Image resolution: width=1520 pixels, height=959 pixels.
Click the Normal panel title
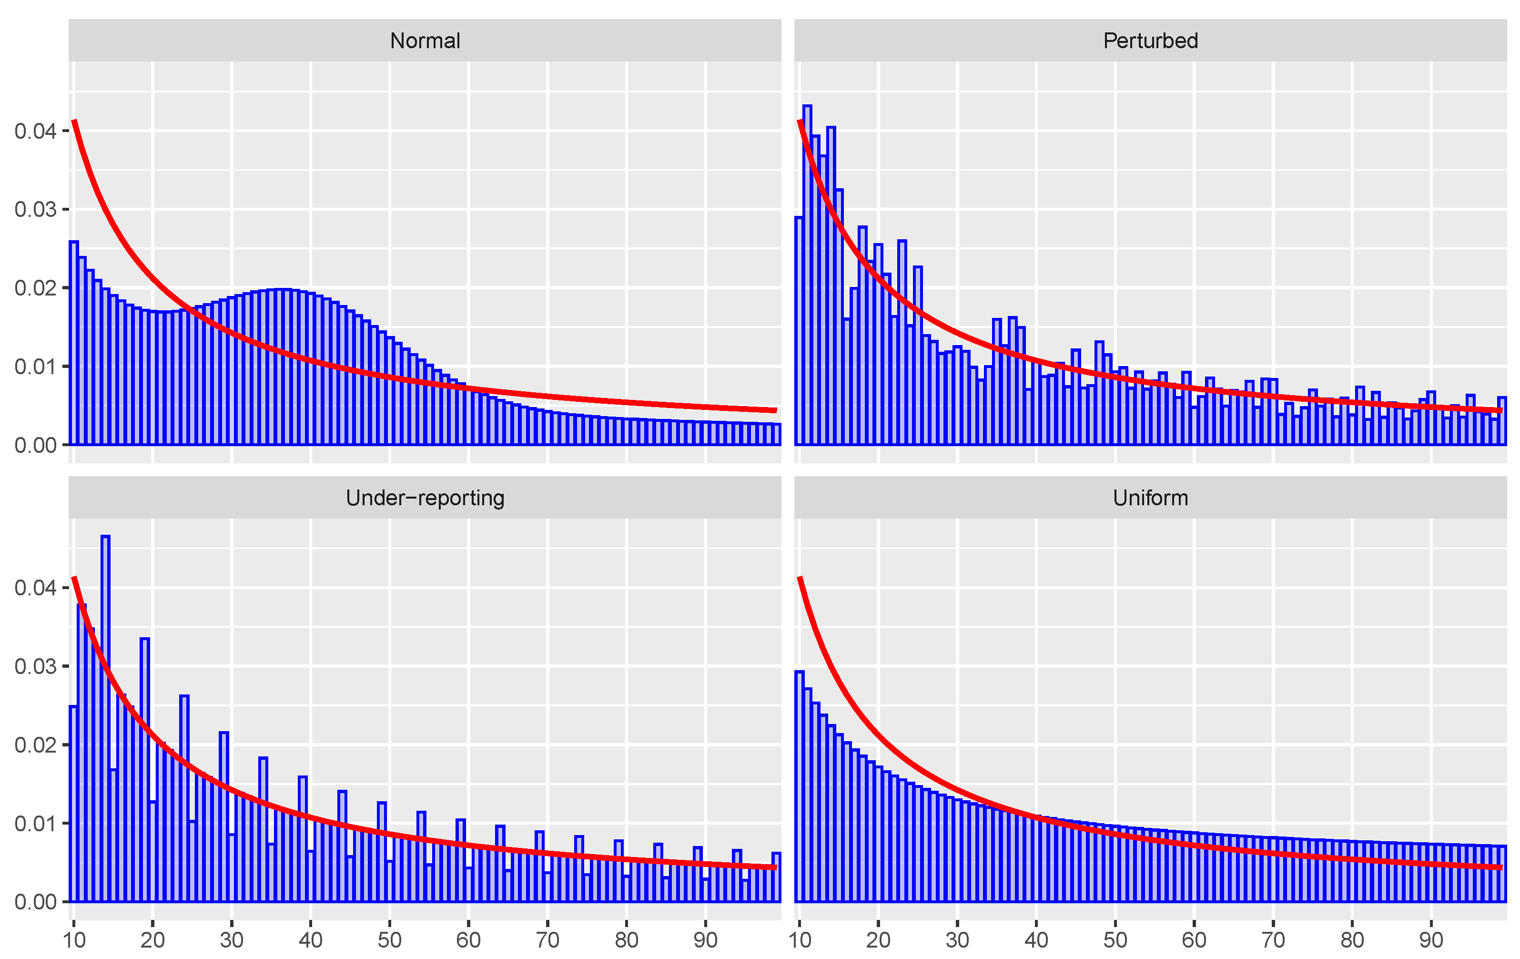click(x=425, y=41)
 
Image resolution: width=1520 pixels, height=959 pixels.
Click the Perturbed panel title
click(x=1150, y=41)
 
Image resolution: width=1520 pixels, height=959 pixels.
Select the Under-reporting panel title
click(x=425, y=498)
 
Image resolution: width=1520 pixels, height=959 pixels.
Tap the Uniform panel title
click(x=1150, y=498)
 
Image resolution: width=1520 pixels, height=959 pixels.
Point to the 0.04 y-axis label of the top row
click(x=35, y=132)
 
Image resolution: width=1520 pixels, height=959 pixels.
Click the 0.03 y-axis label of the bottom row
click(x=35, y=667)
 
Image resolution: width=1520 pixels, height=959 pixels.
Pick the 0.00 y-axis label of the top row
click(x=35, y=445)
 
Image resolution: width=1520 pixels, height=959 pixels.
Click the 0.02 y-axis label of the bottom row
click(x=35, y=745)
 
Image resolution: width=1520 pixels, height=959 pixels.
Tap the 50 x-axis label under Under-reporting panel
click(x=389, y=940)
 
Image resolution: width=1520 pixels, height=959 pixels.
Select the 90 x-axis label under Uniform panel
click(x=1431, y=940)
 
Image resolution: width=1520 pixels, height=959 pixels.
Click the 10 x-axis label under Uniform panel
click(x=800, y=940)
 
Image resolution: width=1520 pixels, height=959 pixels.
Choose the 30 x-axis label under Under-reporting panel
click(x=232, y=940)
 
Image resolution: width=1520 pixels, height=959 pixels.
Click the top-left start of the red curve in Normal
click(x=74, y=121)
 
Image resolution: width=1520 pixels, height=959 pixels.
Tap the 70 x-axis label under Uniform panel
click(x=1273, y=940)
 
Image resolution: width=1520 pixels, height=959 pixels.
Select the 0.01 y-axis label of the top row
click(x=35, y=367)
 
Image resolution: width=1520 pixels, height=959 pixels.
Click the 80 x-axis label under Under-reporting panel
click(x=626, y=940)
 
